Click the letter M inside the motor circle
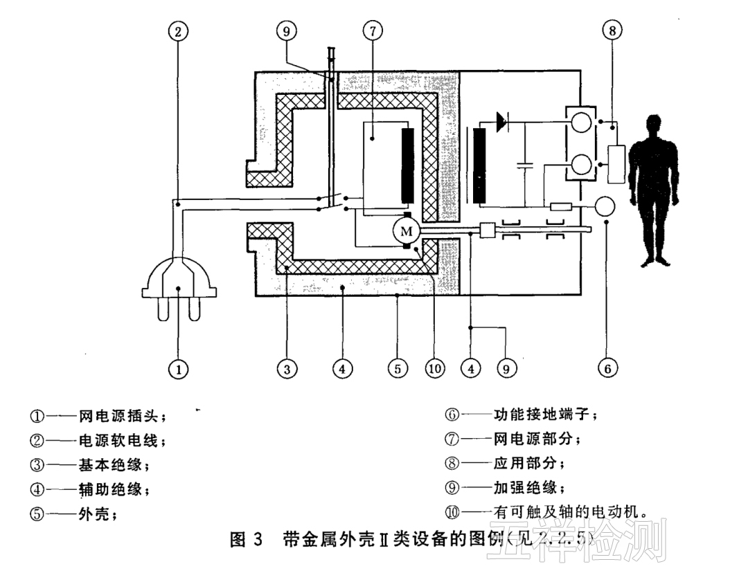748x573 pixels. pyautogui.click(x=407, y=230)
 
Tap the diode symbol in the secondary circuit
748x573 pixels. pyautogui.click(x=501, y=123)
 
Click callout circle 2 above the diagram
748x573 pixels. pyautogui.click(x=178, y=31)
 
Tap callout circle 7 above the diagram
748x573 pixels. pyautogui.click(x=372, y=31)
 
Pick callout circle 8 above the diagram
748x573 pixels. pyautogui.click(x=613, y=31)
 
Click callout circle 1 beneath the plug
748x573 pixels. pyautogui.click(x=178, y=370)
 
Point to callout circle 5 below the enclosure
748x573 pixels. pyautogui.click(x=396, y=370)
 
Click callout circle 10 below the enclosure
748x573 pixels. pyautogui.click(x=434, y=370)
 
